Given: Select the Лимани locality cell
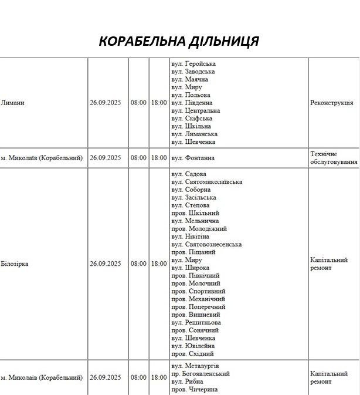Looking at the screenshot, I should point(13,103).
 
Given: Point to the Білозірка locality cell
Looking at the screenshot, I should point(15,264).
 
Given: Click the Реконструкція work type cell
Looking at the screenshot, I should point(331,103).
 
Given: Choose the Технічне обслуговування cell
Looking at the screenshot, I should point(333,158).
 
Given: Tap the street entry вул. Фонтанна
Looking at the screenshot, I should point(193,158).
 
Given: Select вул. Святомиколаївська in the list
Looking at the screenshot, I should point(206,182).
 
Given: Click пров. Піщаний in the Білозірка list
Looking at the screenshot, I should point(193,252).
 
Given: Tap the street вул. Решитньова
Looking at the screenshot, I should point(196,323).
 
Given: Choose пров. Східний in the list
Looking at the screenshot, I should point(192,354).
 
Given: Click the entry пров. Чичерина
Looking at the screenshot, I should point(195,390).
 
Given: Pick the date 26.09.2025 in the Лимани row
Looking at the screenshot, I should point(106,103).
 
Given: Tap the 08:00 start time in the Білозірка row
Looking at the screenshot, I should point(139,264).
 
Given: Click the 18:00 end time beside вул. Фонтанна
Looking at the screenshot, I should point(159,158).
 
